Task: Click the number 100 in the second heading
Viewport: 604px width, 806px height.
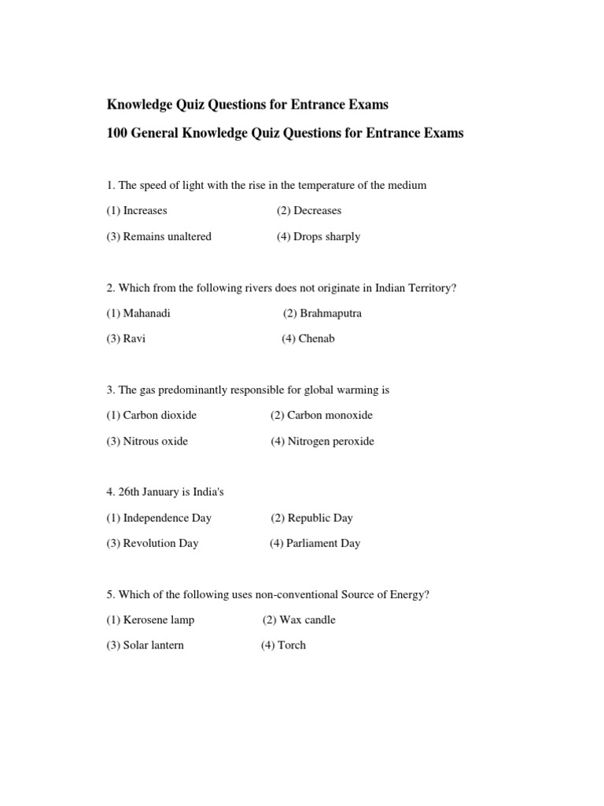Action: pos(117,133)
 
